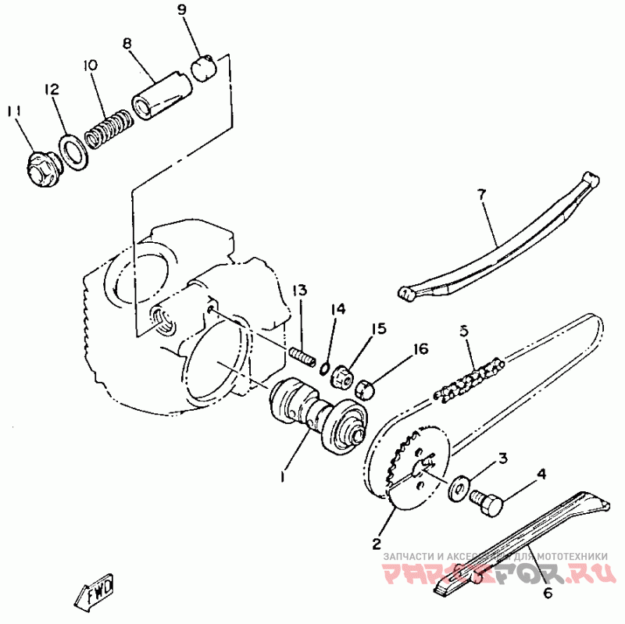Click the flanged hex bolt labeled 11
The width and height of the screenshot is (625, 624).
pyautogui.click(x=44, y=169)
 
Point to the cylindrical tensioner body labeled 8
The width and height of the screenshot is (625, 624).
pyautogui.click(x=162, y=95)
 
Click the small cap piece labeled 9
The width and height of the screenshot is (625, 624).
pyautogui.click(x=204, y=68)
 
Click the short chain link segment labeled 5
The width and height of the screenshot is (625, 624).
pyautogui.click(x=470, y=380)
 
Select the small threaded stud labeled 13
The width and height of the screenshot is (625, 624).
pyautogui.click(x=302, y=356)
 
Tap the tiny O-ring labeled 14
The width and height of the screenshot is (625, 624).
pyautogui.click(x=324, y=369)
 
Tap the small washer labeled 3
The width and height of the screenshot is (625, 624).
pyautogui.click(x=459, y=487)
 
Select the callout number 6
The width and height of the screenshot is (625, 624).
pyautogui.click(x=548, y=594)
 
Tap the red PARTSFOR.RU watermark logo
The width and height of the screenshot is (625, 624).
pyautogui.click(x=499, y=574)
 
